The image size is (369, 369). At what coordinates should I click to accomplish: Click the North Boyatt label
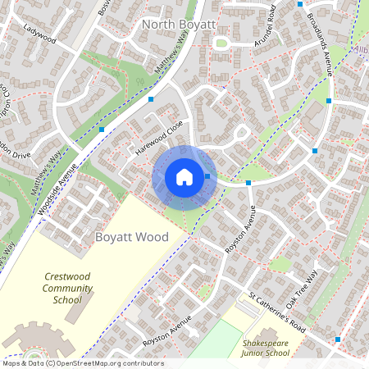tap(179, 25)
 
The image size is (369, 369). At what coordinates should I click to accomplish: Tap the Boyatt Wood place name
tap(132, 237)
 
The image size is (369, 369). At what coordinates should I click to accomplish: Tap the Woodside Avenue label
tap(57, 188)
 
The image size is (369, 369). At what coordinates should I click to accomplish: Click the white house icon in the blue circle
tap(184, 176)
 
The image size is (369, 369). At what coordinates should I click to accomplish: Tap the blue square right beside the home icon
tap(208, 176)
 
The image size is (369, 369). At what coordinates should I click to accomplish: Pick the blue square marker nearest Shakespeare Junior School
tap(337, 339)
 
